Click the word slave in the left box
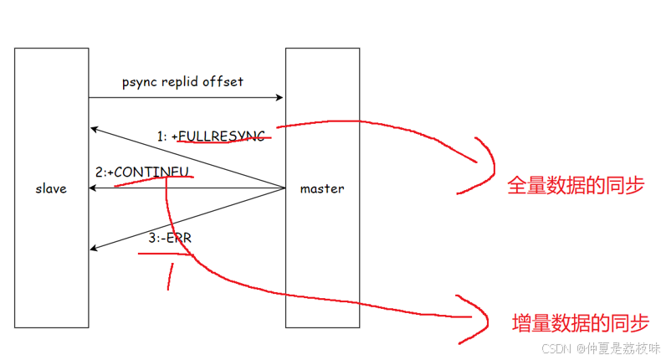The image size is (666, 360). pos(52,189)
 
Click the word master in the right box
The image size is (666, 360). pos(322,189)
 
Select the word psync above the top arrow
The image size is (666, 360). pos(137,82)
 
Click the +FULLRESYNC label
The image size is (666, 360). pos(222,136)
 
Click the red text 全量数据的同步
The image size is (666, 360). pos(576,185)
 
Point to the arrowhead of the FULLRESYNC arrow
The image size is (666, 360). pos(95,129)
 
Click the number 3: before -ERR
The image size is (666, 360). pos(155,239)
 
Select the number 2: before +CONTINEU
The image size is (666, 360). pos(100,172)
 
